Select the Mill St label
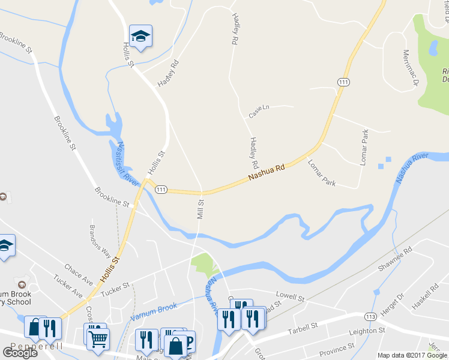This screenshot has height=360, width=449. click(x=200, y=209)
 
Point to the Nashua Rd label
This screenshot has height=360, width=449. click(x=267, y=173)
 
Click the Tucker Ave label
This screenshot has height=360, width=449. click(x=67, y=286)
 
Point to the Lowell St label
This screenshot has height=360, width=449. click(x=291, y=297)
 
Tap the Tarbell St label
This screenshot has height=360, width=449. click(x=303, y=328)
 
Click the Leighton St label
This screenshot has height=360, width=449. click(x=367, y=331)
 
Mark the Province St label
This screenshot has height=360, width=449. click(x=337, y=349)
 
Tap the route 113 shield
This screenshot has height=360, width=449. click(x=369, y=316)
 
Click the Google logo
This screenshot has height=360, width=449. click(x=19, y=352)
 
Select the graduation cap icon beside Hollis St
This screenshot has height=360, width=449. click(x=140, y=37)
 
